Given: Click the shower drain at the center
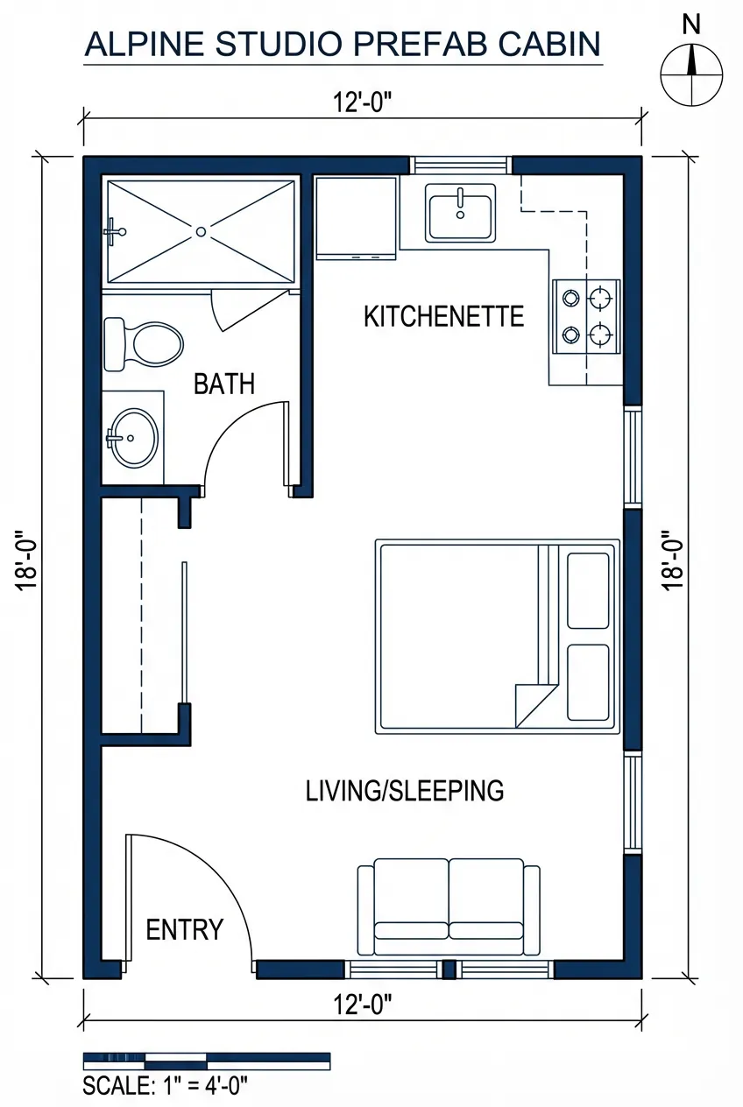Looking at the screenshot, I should [x=202, y=231].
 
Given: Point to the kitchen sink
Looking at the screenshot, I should [x=460, y=212].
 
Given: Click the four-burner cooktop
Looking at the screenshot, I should [x=586, y=316].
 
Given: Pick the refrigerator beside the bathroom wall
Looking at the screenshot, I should [x=356, y=217].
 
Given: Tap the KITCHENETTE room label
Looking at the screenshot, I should [x=443, y=316].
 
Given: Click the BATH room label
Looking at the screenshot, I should [x=224, y=384].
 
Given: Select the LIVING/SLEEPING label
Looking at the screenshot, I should [x=405, y=791].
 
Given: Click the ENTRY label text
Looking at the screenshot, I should [x=184, y=930].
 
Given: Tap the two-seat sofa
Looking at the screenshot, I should [x=449, y=907].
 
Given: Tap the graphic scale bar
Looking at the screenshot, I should [x=206, y=1061].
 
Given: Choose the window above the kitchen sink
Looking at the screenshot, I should [x=460, y=165].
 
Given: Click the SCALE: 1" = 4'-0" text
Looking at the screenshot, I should [x=166, y=1086].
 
